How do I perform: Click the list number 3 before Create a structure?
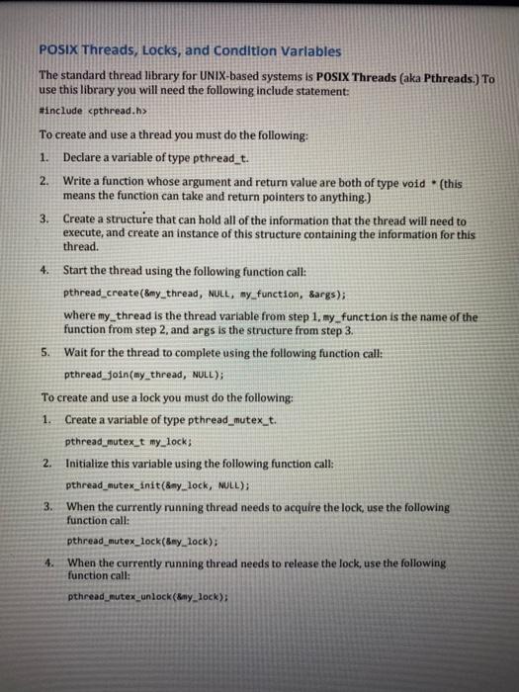click(x=45, y=218)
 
